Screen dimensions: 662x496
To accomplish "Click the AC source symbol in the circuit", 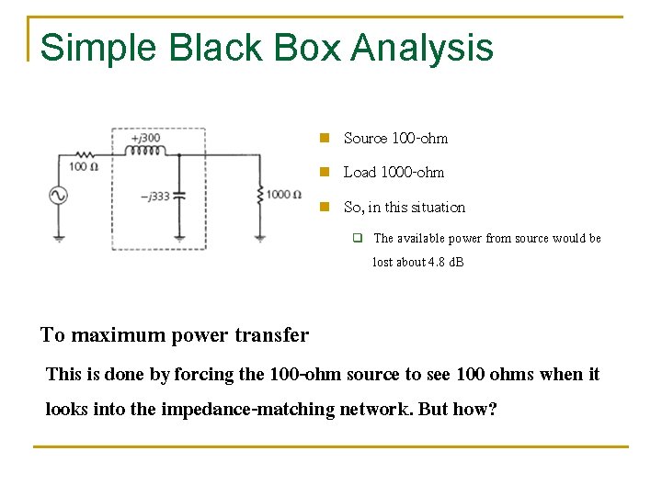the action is (x=59, y=196).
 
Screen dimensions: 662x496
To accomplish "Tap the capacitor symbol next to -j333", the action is (x=179, y=196).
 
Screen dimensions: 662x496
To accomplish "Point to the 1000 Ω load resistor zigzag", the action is (x=260, y=195).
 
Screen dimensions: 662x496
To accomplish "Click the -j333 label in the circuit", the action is (x=154, y=196).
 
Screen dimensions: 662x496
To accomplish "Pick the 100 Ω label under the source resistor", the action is (x=83, y=166).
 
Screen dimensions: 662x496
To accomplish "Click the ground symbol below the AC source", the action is (x=59, y=239).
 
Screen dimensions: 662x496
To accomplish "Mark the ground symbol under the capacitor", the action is (x=179, y=239).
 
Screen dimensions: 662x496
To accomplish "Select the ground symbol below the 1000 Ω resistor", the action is (x=260, y=239).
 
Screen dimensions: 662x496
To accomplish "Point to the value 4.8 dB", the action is (x=445, y=263).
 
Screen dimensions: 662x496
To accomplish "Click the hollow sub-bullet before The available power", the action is (x=359, y=239).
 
